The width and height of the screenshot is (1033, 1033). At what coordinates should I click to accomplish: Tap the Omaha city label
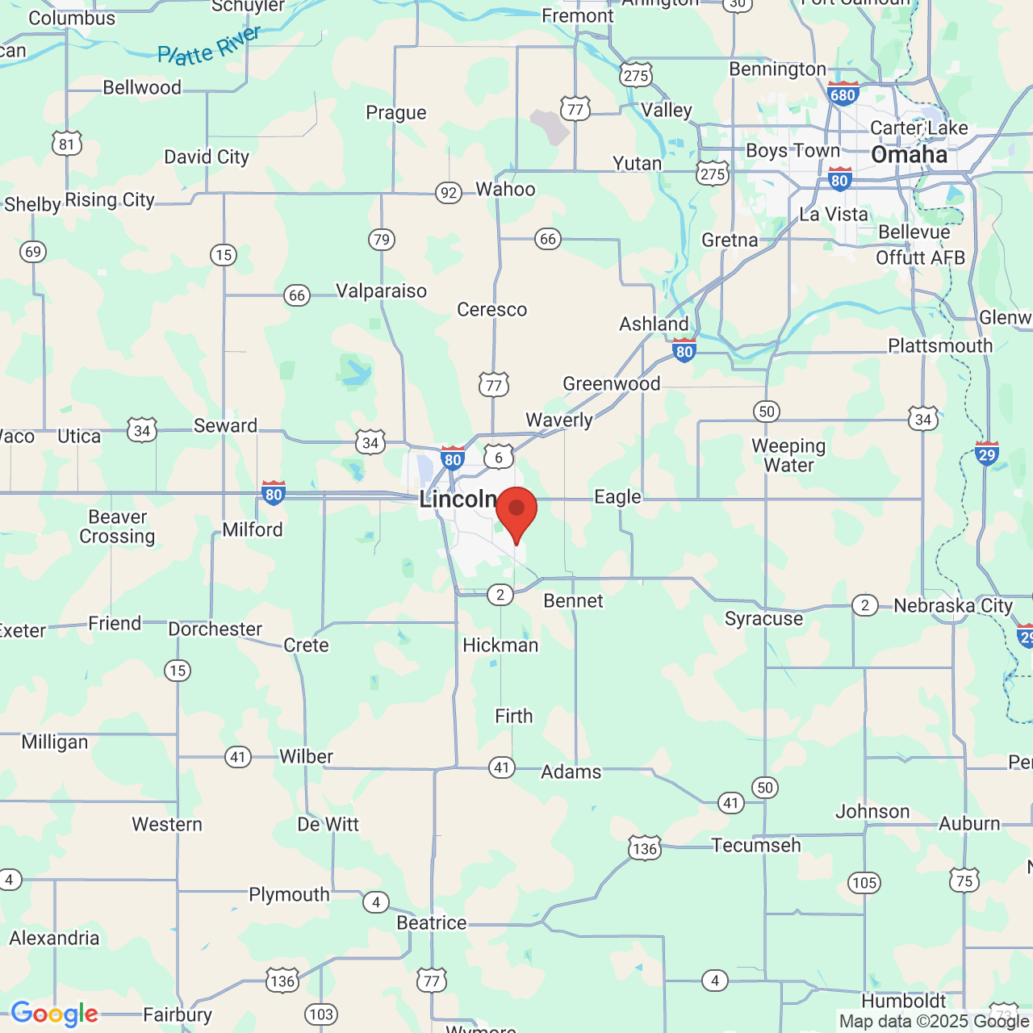(x=910, y=155)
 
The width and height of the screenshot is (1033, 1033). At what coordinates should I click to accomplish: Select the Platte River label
(x=209, y=47)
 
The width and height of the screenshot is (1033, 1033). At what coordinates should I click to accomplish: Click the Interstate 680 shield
(x=843, y=94)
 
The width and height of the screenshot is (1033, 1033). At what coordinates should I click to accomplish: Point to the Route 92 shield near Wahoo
(x=449, y=193)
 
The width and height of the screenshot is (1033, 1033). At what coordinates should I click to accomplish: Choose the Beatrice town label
(x=432, y=922)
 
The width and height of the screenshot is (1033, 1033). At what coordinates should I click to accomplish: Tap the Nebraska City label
(x=953, y=605)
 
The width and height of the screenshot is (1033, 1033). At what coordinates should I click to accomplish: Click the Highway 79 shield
(x=381, y=239)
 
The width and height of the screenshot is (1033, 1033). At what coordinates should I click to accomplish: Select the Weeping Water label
(x=788, y=455)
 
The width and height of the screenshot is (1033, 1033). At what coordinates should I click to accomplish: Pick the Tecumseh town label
(x=756, y=845)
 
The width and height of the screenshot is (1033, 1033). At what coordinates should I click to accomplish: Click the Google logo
(x=54, y=1014)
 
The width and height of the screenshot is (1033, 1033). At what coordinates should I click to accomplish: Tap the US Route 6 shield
(x=499, y=458)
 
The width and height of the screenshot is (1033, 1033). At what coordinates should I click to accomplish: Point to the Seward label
(x=226, y=425)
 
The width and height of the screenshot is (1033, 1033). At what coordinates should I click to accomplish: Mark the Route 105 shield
(x=864, y=882)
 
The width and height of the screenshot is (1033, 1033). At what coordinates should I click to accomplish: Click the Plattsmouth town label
(x=940, y=345)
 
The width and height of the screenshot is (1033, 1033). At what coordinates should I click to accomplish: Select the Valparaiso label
(x=381, y=291)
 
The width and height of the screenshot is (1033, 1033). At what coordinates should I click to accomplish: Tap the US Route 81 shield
(x=67, y=144)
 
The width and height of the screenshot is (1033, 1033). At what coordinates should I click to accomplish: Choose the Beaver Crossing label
(x=117, y=526)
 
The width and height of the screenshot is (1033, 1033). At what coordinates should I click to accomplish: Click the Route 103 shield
(x=321, y=1014)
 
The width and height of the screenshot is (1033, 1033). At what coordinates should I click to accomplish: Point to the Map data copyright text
(x=934, y=1022)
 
